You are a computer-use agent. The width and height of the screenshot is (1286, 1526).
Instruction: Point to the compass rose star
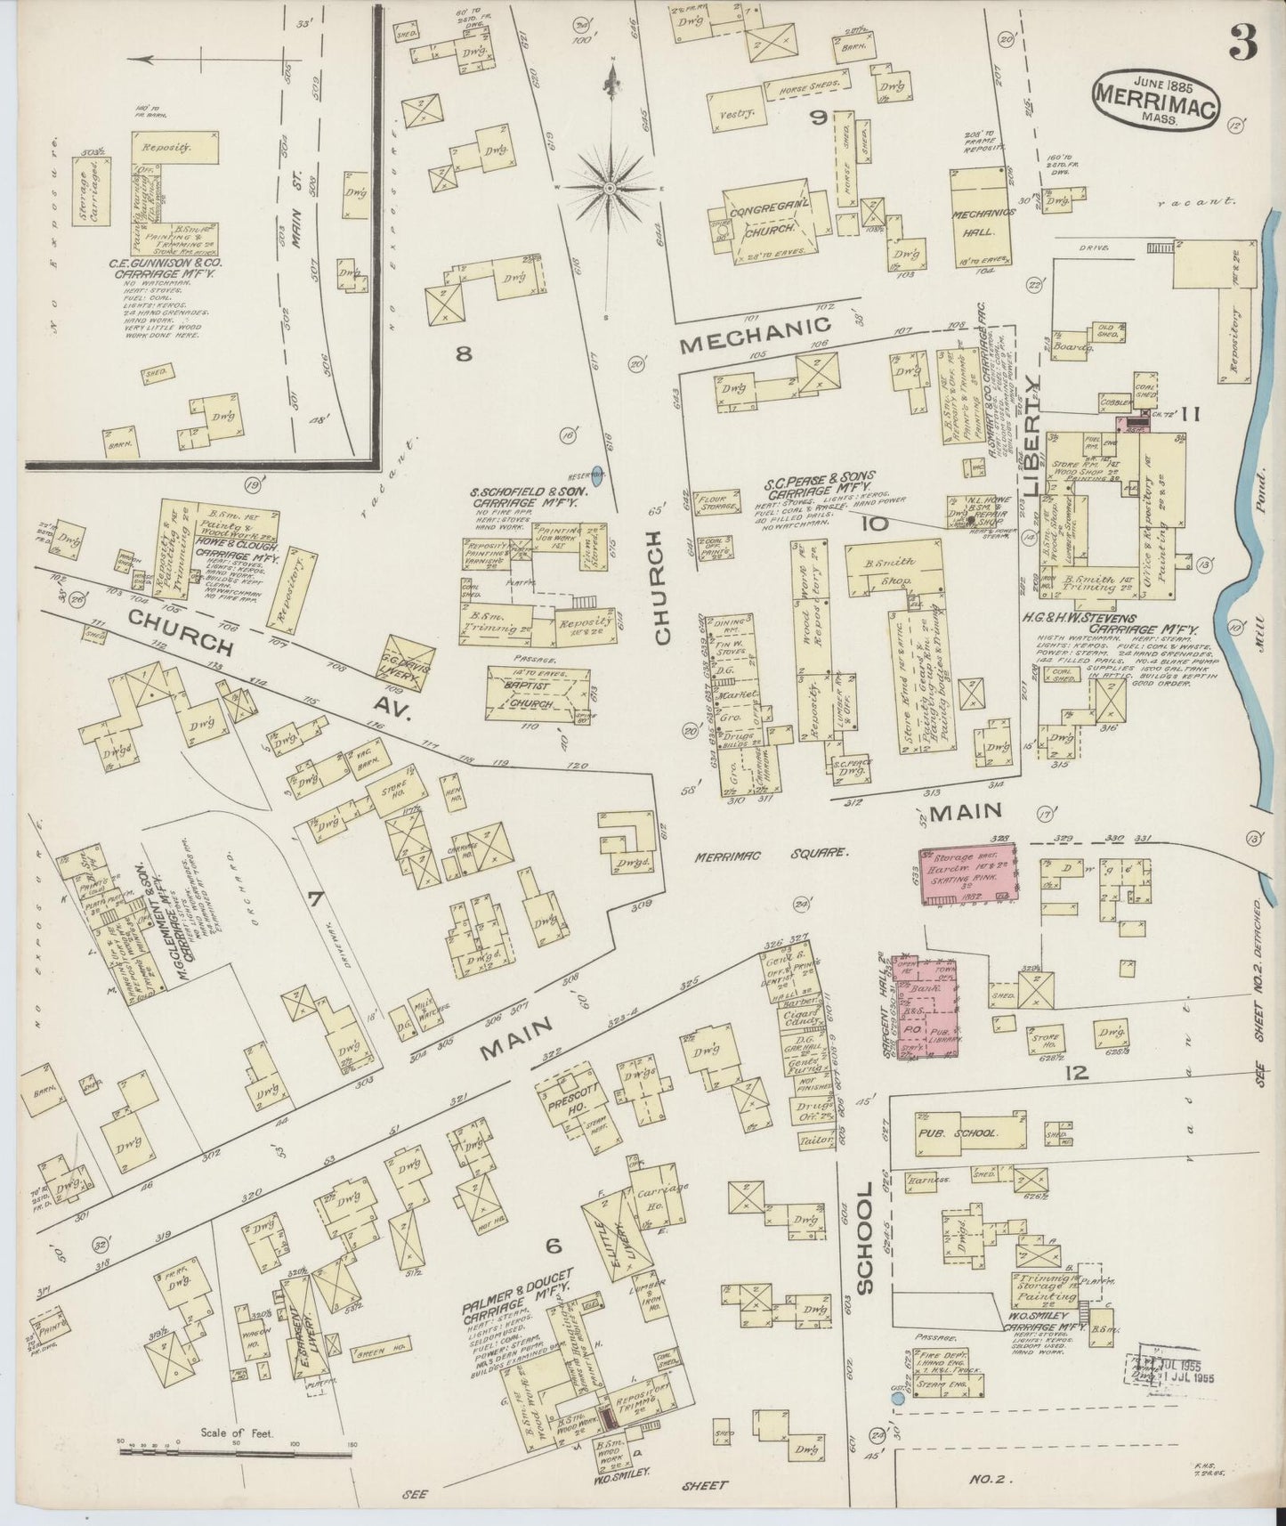[x=611, y=188]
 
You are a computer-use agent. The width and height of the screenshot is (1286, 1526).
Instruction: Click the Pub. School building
[x=959, y=1132]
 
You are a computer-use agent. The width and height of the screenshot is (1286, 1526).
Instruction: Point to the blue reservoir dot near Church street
[x=596, y=475]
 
